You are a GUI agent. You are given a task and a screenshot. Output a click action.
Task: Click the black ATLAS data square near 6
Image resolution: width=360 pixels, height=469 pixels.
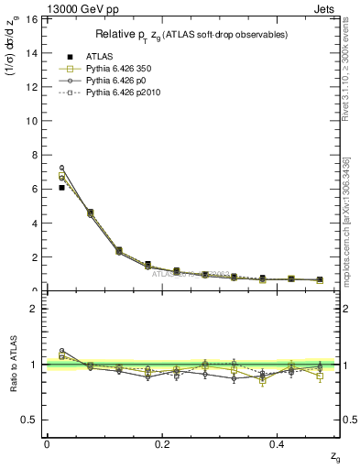click(61, 188)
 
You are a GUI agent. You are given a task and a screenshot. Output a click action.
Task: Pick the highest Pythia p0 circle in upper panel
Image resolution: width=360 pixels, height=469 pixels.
click(61, 168)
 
